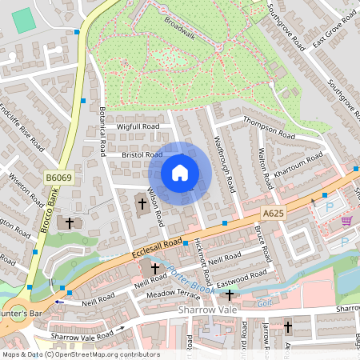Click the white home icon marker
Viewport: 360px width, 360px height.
[180, 173]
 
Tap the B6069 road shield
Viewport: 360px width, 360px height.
[58, 178]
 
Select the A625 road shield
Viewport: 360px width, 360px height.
[273, 213]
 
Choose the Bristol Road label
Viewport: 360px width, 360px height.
[142, 154]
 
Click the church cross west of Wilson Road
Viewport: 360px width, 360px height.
[142, 203]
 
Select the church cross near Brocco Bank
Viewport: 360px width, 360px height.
[70, 222]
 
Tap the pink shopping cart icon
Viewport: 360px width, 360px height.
[346, 221]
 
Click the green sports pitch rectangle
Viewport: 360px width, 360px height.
[25, 20]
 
